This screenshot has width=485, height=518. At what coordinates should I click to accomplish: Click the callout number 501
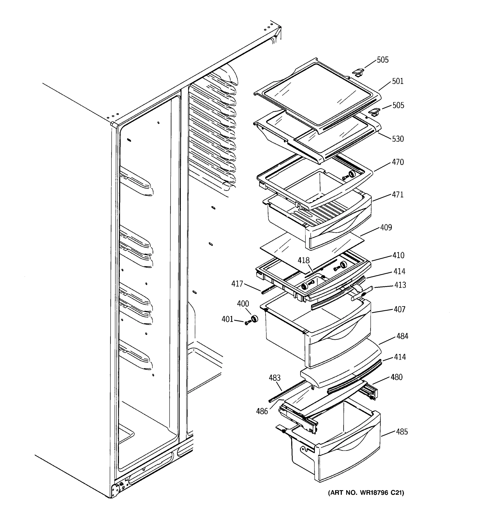pos(397,81)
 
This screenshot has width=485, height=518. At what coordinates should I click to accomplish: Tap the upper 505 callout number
pos(382,60)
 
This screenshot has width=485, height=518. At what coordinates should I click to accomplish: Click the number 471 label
pos(397,195)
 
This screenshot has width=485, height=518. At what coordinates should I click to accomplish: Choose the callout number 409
pos(386,227)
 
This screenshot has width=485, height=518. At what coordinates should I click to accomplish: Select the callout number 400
pos(243,303)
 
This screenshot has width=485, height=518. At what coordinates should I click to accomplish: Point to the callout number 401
pos(227,319)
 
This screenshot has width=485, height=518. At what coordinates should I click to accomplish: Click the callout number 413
pos(400,285)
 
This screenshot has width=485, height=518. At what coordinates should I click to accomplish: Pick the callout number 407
pos(399,309)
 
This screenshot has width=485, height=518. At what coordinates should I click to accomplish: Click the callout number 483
pos(274,377)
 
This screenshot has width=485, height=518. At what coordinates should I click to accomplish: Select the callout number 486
pos(262,411)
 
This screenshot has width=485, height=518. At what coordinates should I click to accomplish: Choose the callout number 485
pos(402,432)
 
